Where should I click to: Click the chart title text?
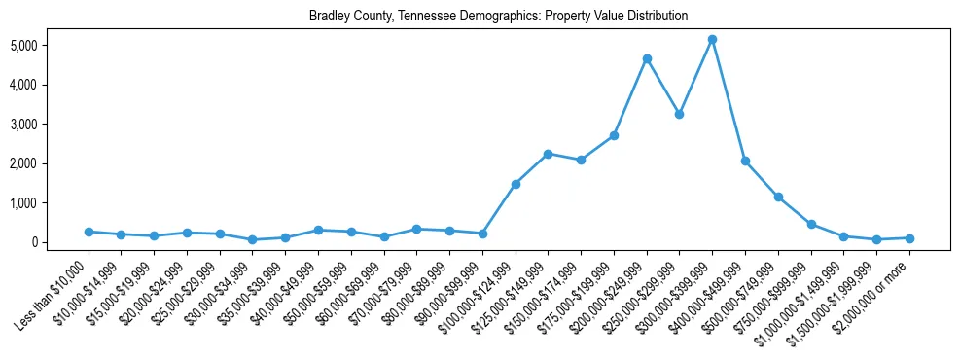498,16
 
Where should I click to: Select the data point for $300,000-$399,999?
712,39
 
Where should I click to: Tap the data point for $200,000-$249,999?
647,58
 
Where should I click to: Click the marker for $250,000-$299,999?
679,114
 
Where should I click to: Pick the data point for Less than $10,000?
89,232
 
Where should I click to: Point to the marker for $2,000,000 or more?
909,238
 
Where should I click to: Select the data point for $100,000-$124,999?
516,184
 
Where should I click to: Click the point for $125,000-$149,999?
548,154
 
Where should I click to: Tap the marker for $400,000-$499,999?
745,161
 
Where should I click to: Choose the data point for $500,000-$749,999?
778,197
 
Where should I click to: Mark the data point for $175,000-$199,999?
614,135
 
